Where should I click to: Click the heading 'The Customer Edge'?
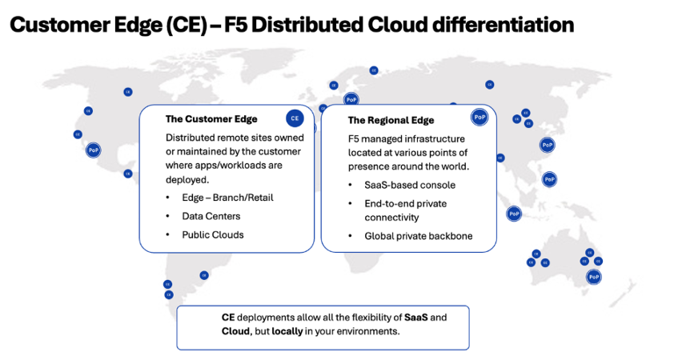coord(211,119)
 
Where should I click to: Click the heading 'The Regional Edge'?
coord(391,120)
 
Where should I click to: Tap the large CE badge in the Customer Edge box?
coord(295,118)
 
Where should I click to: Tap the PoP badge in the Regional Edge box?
coord(479,117)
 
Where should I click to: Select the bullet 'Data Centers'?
coord(211,216)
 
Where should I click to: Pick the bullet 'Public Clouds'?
coord(213,235)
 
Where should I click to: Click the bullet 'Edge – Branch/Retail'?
coord(227,198)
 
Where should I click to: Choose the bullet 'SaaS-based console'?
coord(410,185)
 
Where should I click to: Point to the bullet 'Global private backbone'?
coord(418,236)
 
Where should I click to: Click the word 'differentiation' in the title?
coord(503,25)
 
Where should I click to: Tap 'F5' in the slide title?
coord(235,25)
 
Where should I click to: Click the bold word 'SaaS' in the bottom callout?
coord(416,318)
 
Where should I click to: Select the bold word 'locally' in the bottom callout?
coord(287,331)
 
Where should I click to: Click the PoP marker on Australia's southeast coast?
coord(594,277)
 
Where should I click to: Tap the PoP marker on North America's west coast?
coord(94,150)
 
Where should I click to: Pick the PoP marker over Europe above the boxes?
coord(351,100)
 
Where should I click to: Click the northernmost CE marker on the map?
coord(374,70)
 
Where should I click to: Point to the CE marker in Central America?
coord(127,174)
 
